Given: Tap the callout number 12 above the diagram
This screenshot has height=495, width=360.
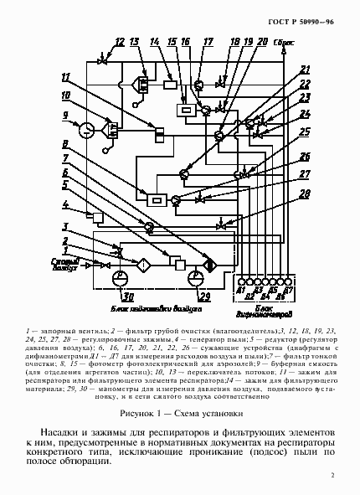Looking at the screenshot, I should [x=119, y=42].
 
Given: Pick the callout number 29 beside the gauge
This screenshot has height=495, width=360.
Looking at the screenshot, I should [x=204, y=296].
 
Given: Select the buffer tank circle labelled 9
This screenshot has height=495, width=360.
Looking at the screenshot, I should [x=86, y=130].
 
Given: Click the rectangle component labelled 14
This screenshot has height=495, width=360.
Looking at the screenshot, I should [x=170, y=85].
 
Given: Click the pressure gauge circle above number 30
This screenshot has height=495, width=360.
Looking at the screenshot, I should [x=122, y=275].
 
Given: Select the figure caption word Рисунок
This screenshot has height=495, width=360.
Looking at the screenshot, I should [x=139, y=412].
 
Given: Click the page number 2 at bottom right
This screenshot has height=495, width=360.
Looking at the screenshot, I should [x=332, y=476].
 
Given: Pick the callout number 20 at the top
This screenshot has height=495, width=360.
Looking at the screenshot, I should [x=263, y=41].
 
